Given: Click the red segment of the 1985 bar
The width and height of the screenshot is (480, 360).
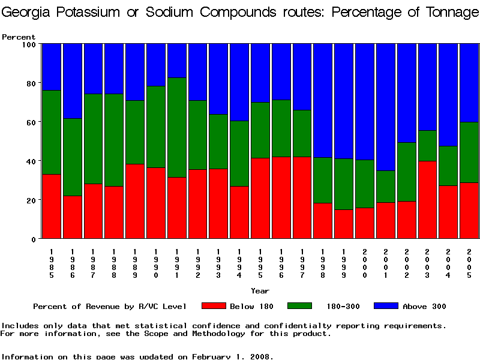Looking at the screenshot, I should pos(52,206).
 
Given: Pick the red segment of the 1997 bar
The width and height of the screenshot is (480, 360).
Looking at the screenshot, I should pos(302,197).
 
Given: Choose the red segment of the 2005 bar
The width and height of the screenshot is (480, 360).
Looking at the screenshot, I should pos(470,210).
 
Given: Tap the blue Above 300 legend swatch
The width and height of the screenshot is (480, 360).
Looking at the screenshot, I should pos(386,306).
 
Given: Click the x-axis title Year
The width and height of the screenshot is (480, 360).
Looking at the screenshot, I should pos(260,291).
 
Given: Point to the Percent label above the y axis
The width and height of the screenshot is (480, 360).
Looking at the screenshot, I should pos(19,37).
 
